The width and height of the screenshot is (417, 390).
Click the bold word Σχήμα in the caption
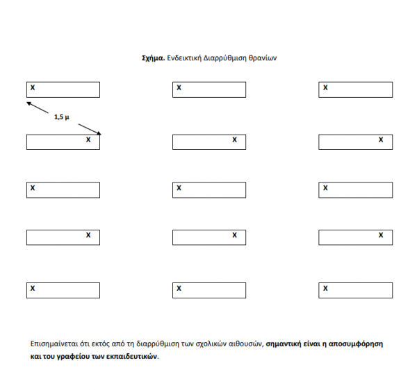(152, 59)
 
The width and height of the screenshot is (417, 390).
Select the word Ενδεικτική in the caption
(184, 59)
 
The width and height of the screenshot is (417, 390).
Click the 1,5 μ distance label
(62, 117)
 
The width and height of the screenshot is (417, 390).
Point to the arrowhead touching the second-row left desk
(98, 133)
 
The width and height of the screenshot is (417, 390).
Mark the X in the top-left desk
(33, 87)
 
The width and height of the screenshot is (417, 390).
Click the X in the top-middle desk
(179, 87)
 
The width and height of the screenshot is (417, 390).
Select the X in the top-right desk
(325, 87)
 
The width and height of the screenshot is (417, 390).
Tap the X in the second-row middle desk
(234, 139)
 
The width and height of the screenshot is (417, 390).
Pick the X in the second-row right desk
(380, 139)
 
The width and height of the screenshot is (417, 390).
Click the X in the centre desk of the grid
(179, 187)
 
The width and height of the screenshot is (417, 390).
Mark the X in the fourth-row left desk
(88, 235)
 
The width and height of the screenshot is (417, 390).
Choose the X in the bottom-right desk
(325, 287)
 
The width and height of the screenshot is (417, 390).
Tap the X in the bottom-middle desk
(179, 287)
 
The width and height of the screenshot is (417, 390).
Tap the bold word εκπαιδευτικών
(135, 357)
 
